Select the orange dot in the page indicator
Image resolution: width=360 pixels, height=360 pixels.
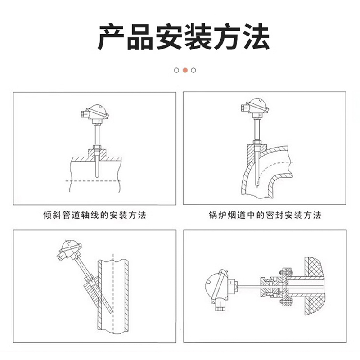184,70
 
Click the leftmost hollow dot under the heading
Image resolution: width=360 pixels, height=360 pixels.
176,70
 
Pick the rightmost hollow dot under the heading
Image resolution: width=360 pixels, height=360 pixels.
193,70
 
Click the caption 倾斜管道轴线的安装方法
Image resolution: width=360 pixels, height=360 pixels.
94,216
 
